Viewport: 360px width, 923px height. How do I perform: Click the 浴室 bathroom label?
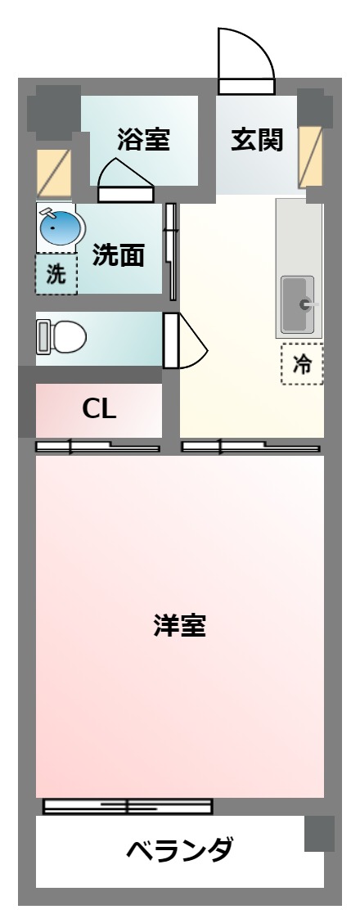tap(143, 140)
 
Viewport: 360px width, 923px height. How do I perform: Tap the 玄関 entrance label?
tap(256, 140)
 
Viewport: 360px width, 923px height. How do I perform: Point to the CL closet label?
tap(99, 409)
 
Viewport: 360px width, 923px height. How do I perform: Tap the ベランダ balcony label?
tap(179, 852)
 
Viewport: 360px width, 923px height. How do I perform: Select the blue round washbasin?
tap(60, 227)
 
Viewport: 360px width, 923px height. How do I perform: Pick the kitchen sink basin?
tap(298, 305)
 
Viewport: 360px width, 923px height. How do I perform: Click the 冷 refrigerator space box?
tap(302, 364)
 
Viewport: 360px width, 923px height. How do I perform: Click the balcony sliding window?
tap(128, 806)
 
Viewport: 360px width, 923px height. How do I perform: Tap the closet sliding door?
tap(97, 447)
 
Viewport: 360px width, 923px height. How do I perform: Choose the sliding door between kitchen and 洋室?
tap(250, 447)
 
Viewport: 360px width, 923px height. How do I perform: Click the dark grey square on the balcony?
tap(320, 832)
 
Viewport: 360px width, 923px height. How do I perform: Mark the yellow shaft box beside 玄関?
tap(310, 155)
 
